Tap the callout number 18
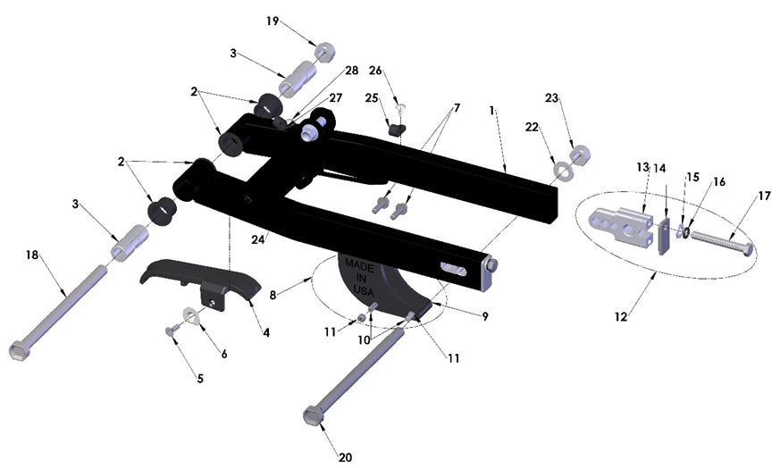[x=33, y=255]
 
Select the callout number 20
[x=346, y=457]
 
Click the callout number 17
[x=740, y=195]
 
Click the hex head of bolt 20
[x=313, y=415]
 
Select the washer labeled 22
[x=564, y=169]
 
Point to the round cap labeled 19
[x=325, y=50]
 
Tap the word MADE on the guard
[x=358, y=265]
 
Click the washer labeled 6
[x=190, y=314]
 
